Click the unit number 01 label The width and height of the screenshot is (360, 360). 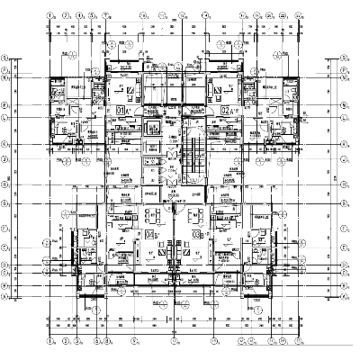click(x=121, y=110)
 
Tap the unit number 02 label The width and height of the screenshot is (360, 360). click(x=225, y=110)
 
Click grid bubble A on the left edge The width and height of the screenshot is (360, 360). click(x=5, y=295)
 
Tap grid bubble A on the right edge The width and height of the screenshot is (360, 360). click(x=346, y=295)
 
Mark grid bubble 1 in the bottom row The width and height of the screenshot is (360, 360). click(x=53, y=344)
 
